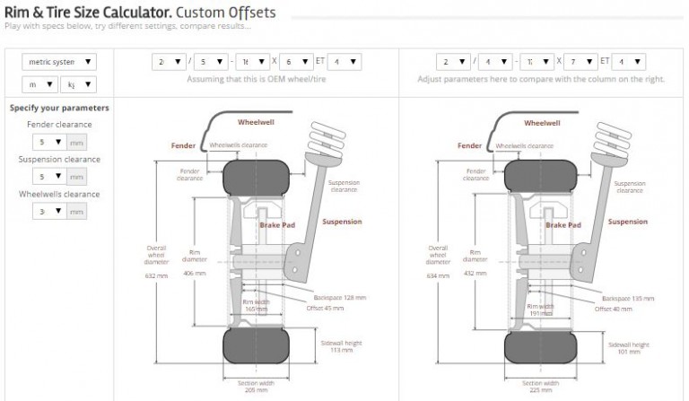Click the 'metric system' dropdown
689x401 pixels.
tap(59, 62)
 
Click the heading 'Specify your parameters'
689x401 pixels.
tap(59, 108)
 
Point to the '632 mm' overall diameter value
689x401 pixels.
tap(156, 275)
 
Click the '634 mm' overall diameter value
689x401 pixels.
tap(438, 275)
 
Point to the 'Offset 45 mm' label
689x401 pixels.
tap(327, 308)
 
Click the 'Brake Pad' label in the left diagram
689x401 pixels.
tap(277, 227)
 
